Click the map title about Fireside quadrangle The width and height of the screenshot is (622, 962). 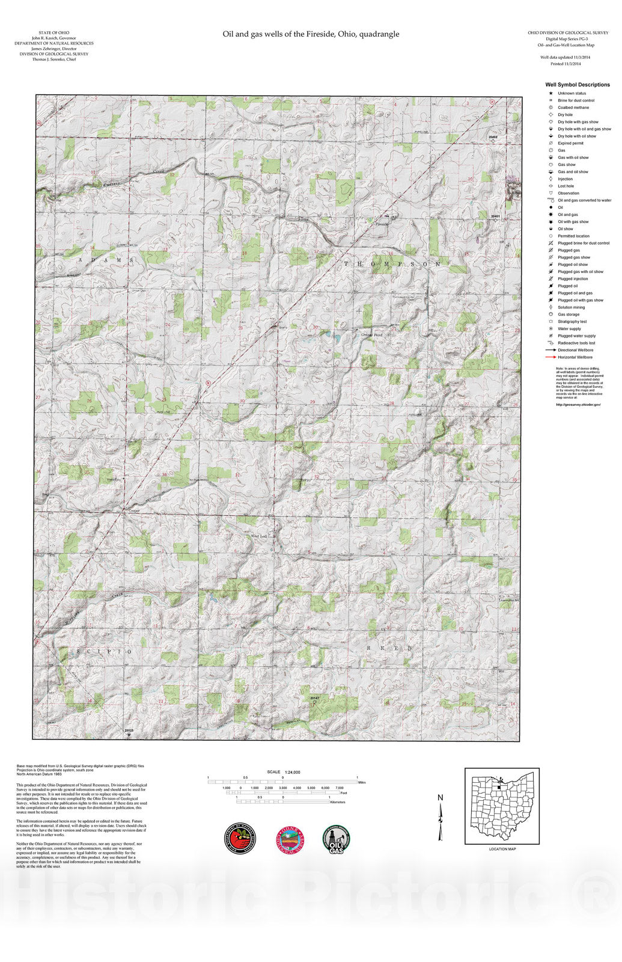pos(311,34)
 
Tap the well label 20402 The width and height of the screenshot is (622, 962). pos(493,137)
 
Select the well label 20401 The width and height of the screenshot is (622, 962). pos(495,215)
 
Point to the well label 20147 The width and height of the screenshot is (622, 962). pos(314,697)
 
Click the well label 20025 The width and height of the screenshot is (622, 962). pos(129,730)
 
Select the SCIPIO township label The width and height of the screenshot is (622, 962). pos(104,652)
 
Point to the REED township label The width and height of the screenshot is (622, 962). pos(390,648)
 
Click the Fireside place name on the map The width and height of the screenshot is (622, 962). pos(382,224)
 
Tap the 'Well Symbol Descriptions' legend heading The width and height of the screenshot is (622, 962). pos(577,85)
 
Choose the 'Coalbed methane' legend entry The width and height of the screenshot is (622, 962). pos(573,108)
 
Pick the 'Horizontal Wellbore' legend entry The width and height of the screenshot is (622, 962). pos(575,357)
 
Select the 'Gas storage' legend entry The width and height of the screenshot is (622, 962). pos(568,314)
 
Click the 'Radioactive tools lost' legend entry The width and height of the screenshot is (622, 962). pos(576,343)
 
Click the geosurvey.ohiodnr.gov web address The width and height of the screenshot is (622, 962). pos(578,405)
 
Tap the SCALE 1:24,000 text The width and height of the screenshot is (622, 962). pos(284,772)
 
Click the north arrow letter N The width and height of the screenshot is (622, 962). pos(440,798)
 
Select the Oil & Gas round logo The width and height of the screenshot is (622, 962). pos(337,839)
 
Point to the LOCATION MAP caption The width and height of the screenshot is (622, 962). pos(502,849)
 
